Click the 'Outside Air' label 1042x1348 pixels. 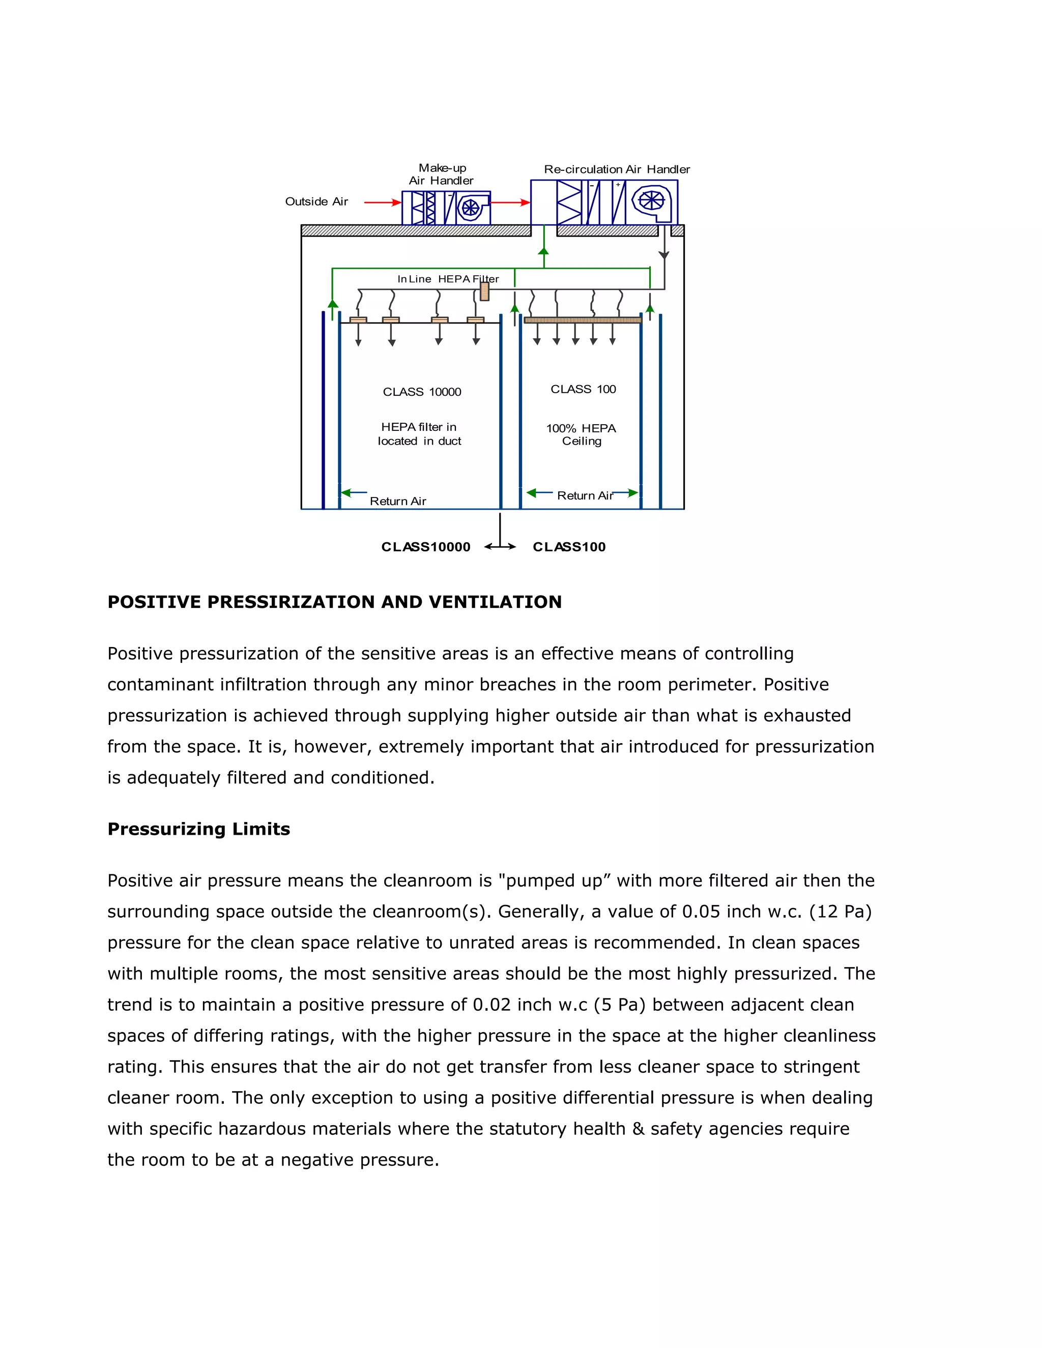[316, 202]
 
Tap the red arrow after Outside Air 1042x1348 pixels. [383, 202]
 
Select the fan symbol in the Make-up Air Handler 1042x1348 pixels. [471, 208]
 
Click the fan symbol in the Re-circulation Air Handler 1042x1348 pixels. [651, 200]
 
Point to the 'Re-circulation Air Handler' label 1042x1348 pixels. [617, 169]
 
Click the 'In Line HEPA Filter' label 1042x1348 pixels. [448, 279]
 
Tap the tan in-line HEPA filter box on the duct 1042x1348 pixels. [484, 291]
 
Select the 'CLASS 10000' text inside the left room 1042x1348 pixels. [422, 392]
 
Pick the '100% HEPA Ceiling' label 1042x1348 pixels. [581, 434]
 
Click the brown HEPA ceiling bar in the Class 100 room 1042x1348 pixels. [582, 320]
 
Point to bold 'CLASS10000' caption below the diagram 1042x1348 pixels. [425, 547]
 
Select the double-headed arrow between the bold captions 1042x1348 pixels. [500, 547]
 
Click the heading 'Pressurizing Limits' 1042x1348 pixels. [199, 829]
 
